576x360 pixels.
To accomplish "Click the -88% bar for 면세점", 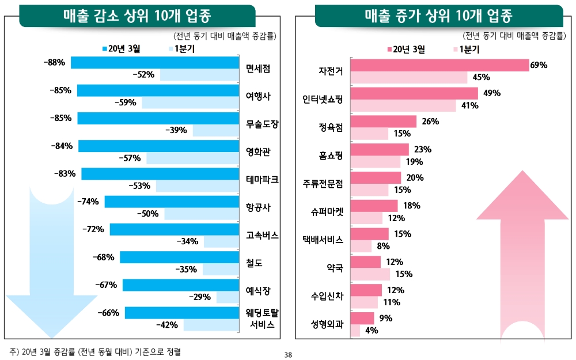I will (154, 63).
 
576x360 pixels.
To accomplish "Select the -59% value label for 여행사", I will (125, 103).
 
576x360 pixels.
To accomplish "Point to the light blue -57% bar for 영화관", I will (193, 158).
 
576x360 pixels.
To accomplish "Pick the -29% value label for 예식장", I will (200, 297).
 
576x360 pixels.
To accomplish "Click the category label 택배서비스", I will (323, 240).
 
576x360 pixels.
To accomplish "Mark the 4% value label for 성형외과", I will (372, 331).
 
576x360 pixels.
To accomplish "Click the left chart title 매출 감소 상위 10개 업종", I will (137, 16).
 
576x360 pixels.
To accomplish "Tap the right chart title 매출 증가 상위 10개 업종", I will (438, 16).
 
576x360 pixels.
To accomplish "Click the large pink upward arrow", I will (522, 253).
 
